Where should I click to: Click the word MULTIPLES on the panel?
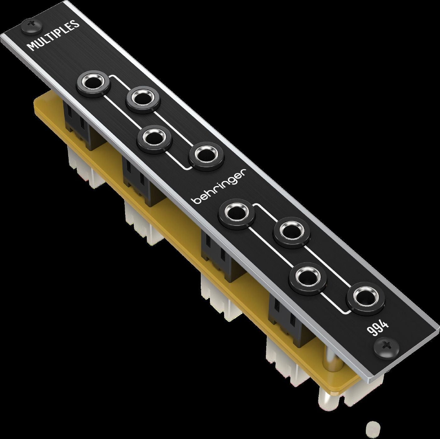point(53,36)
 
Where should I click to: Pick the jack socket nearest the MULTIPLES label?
point(94,84)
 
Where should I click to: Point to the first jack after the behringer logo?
point(237,214)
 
